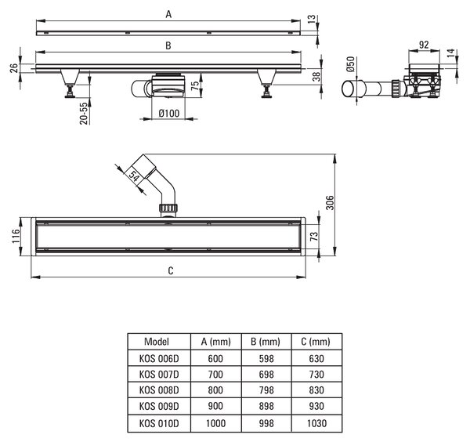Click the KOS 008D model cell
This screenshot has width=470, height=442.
pos(159,390)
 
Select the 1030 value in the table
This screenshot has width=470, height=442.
pos(316,423)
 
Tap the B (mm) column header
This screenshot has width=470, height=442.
pos(266,342)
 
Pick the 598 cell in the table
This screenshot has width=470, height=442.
pos(266,358)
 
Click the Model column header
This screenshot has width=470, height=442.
pos(157,341)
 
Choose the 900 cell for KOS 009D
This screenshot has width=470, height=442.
pos(215,406)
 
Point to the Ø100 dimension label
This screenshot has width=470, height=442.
pos(168,113)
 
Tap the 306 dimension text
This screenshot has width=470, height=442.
pos(330,202)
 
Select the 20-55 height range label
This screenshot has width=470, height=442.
pos(85,114)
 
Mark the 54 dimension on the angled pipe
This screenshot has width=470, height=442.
pos(134,176)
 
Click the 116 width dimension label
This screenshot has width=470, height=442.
pos(16,236)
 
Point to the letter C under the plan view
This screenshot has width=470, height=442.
pos(171,271)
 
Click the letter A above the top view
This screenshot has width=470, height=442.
pos(168,14)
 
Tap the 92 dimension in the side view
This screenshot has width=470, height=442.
pos(424,45)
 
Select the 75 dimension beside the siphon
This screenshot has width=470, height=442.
pos(195,85)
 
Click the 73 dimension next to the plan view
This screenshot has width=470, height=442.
pos(313,237)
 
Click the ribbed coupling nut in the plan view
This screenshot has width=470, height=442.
pos(168,208)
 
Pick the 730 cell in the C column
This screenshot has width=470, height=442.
pos(316,375)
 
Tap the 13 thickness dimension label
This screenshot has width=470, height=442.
pos(312,19)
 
